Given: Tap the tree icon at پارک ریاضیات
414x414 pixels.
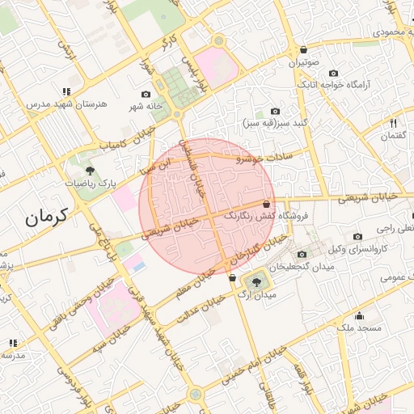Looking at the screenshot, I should (x=90, y=171).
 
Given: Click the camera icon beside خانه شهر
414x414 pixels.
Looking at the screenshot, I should (x=146, y=95).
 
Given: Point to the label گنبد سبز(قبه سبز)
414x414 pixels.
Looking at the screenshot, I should (x=274, y=124).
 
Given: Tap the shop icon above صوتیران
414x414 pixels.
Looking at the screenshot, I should (x=303, y=49).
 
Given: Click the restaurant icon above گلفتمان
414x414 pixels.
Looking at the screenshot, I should (x=393, y=123).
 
